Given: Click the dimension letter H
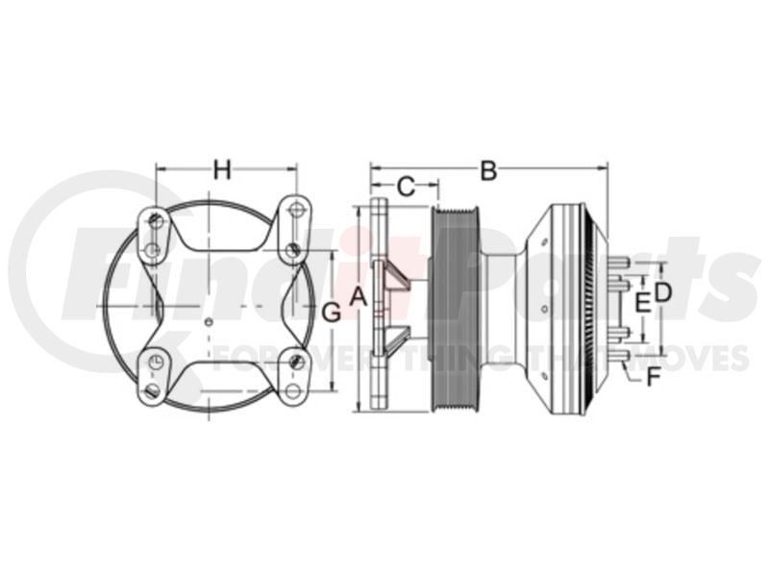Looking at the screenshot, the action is (222, 170).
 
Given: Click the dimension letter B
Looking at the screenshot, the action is (488, 171).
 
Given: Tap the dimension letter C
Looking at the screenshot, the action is (406, 187).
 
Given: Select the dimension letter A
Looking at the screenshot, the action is (359, 296).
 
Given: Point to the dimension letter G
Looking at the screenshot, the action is (332, 313).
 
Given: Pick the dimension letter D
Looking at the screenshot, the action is (662, 292).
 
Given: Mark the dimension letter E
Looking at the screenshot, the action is (642, 303).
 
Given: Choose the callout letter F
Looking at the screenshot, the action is (653, 377).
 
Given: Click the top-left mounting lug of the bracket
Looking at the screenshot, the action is (154, 236).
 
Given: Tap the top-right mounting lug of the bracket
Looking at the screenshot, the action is (294, 229).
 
